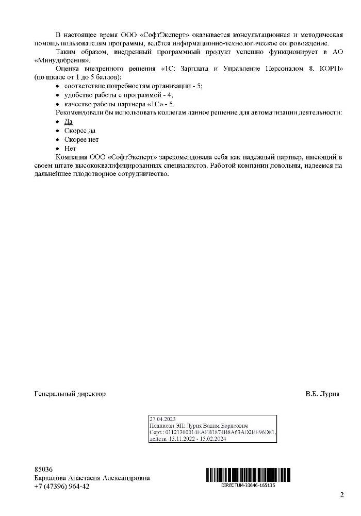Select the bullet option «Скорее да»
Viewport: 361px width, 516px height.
tap(79, 131)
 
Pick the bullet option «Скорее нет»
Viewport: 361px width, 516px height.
tap(81, 139)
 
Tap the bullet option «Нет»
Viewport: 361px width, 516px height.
tap(70, 148)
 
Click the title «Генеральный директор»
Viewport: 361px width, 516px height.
tap(70, 394)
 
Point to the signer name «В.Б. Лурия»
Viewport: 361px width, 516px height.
tap(322, 394)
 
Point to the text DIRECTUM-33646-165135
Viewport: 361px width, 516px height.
tap(248, 485)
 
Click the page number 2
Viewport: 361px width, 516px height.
tap(341, 495)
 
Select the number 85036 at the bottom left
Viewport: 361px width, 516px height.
tap(43, 470)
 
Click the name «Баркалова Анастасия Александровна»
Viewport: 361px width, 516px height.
tap(92, 478)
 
